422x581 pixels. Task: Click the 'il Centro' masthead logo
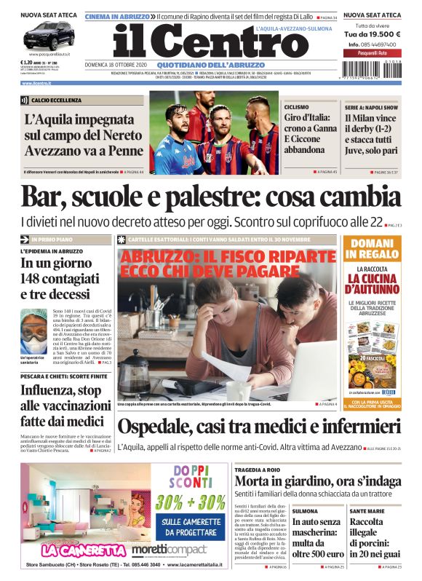tap(211, 41)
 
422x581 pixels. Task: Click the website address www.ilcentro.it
tap(36, 84)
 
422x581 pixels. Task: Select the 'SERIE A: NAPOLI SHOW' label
tap(371, 106)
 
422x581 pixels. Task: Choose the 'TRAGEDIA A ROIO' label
tap(258, 470)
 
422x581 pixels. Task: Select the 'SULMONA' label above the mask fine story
tap(305, 511)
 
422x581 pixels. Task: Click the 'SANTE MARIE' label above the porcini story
tap(367, 511)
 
